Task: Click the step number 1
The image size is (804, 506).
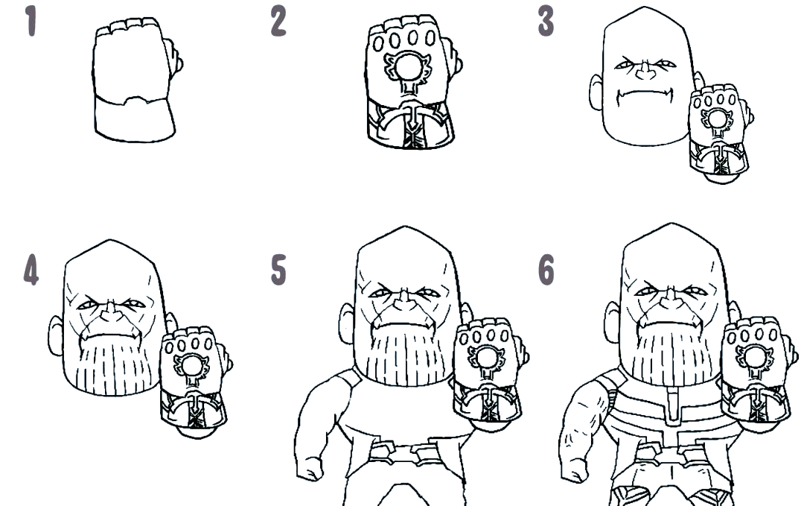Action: pos(32,22)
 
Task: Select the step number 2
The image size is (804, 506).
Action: pos(278,22)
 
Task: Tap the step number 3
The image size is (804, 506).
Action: pos(546,22)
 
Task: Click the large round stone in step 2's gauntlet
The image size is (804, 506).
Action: pos(409,67)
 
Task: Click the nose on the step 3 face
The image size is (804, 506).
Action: pos(645,71)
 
